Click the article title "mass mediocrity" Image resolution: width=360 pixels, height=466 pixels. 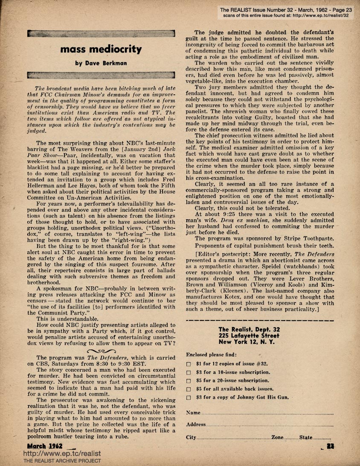(101, 49)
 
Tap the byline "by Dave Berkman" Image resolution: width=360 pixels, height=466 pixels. (101, 64)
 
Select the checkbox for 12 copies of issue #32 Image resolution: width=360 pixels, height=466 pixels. (189, 364)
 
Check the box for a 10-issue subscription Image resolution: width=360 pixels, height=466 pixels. (189, 373)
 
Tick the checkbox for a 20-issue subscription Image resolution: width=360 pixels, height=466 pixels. (189, 381)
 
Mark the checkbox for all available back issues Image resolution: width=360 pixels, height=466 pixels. (189, 389)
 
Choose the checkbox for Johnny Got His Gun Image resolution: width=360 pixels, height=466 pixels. (189, 398)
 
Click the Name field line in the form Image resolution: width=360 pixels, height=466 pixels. (267, 414)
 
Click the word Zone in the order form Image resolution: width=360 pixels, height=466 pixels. (278, 438)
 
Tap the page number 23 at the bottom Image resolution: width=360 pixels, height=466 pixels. (330, 446)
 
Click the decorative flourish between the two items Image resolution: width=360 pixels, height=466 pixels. (101, 351)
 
